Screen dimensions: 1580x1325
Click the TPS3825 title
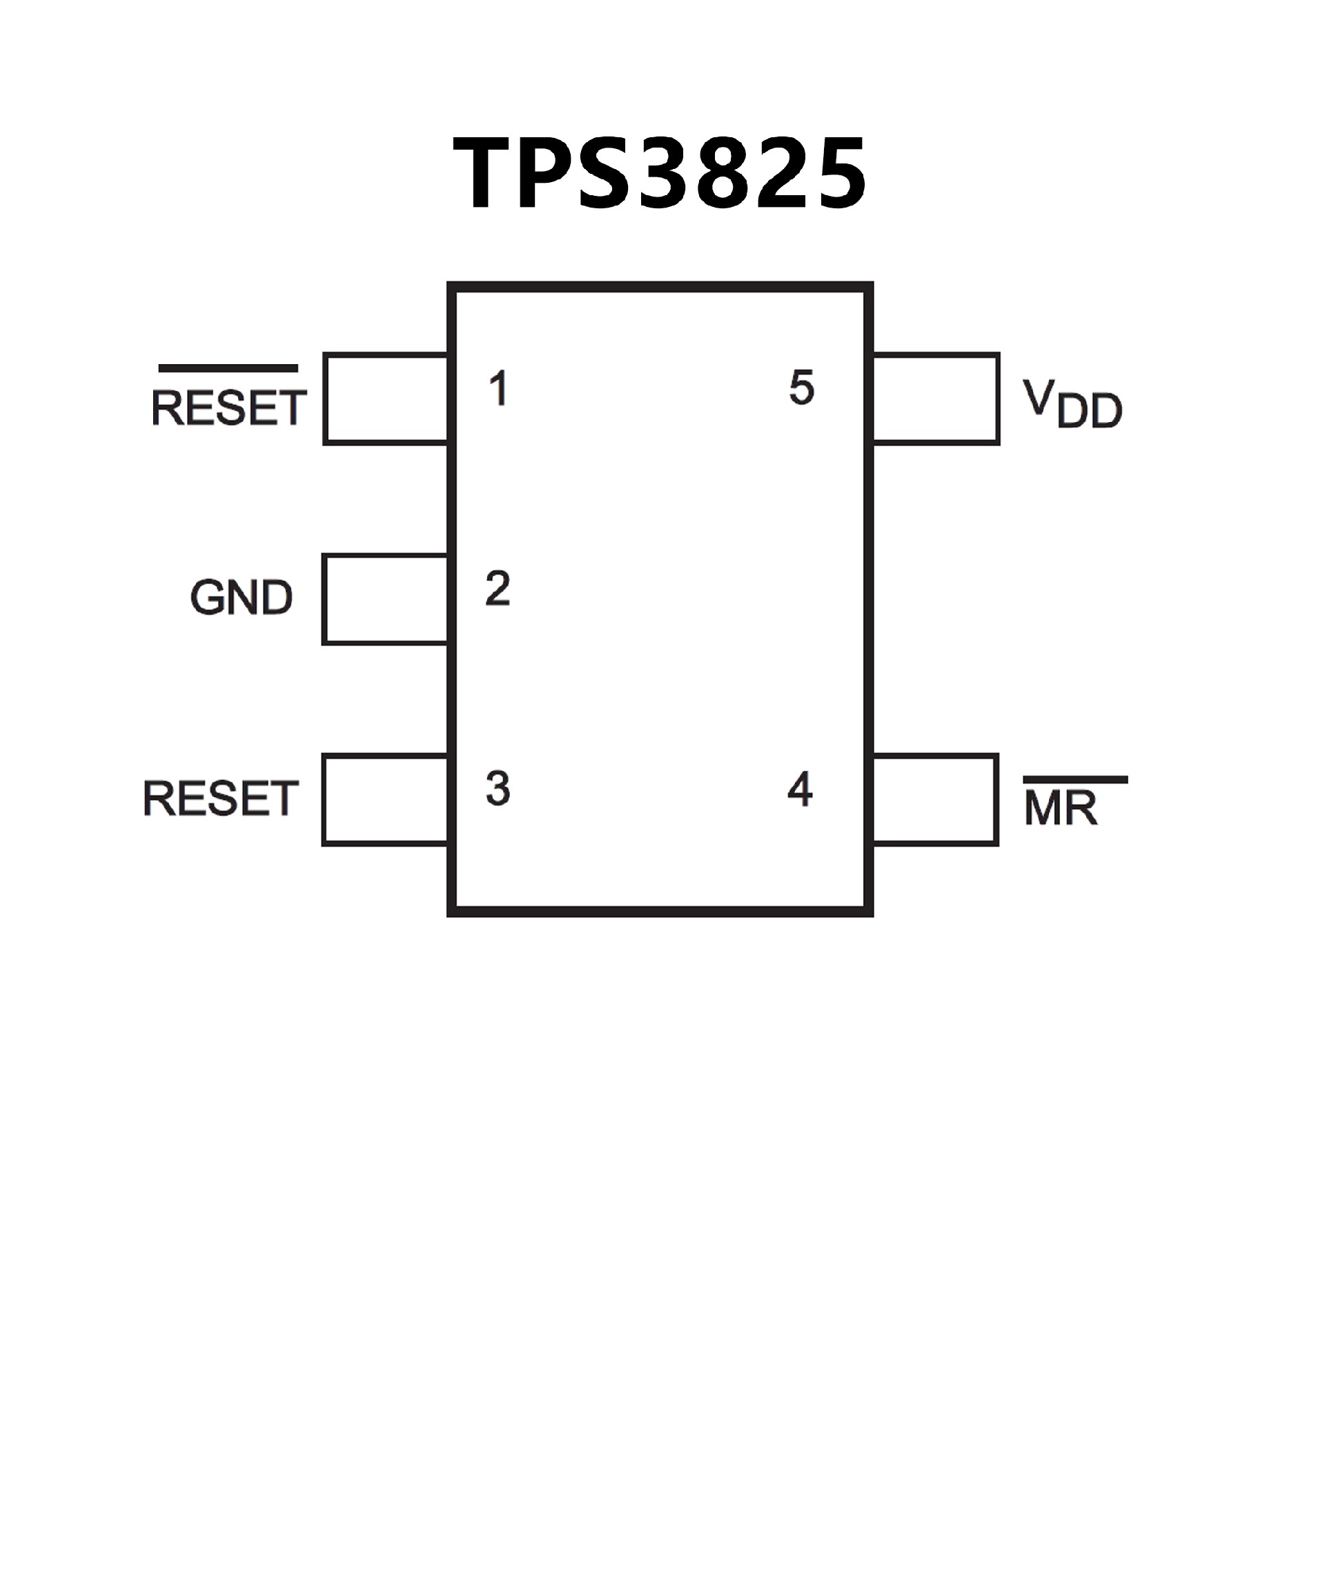point(660,173)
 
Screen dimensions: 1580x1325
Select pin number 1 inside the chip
point(498,389)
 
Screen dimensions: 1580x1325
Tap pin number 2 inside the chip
point(498,589)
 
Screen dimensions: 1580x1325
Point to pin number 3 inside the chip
point(498,789)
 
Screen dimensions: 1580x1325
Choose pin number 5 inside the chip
point(802,388)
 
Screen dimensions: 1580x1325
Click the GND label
point(241,598)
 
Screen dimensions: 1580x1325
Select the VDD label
point(1072,405)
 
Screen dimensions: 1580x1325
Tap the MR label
point(1060,810)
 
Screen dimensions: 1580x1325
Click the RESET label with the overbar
point(228,408)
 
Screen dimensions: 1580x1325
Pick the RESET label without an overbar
point(221,799)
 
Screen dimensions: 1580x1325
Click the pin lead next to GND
point(386,599)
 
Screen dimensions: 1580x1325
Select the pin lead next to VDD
point(936,399)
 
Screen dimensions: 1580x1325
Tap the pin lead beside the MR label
point(935,800)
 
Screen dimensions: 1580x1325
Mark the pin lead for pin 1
point(386,399)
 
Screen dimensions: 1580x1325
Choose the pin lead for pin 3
point(386,800)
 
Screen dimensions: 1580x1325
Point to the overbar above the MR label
point(1075,779)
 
